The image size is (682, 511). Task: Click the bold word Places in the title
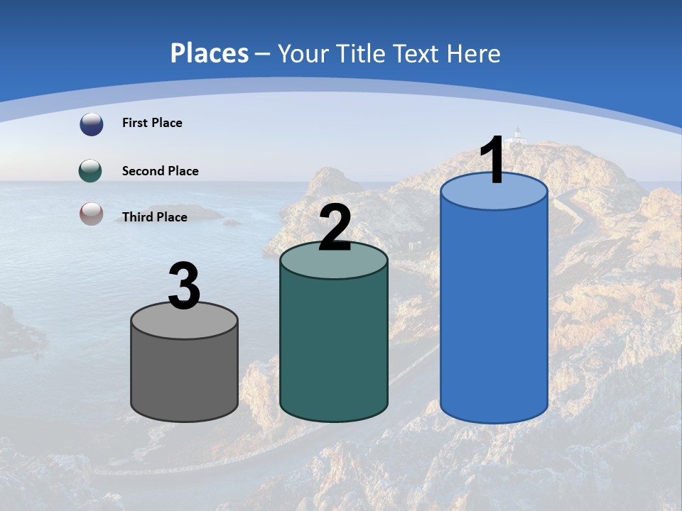tap(210, 53)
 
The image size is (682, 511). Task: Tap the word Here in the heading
tap(474, 53)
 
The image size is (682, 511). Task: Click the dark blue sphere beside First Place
tap(91, 124)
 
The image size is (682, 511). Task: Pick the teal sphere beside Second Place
tap(90, 170)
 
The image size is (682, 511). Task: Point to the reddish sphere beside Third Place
tap(91, 214)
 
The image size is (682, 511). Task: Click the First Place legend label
tap(152, 123)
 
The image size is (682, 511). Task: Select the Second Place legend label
tap(160, 171)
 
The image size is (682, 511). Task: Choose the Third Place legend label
tap(154, 217)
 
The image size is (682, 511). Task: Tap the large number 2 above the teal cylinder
tap(335, 228)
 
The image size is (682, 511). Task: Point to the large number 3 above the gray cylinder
tap(185, 287)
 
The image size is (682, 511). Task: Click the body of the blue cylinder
tap(494, 312)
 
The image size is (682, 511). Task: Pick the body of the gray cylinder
tap(185, 376)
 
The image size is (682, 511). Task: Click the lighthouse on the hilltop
tap(519, 133)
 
